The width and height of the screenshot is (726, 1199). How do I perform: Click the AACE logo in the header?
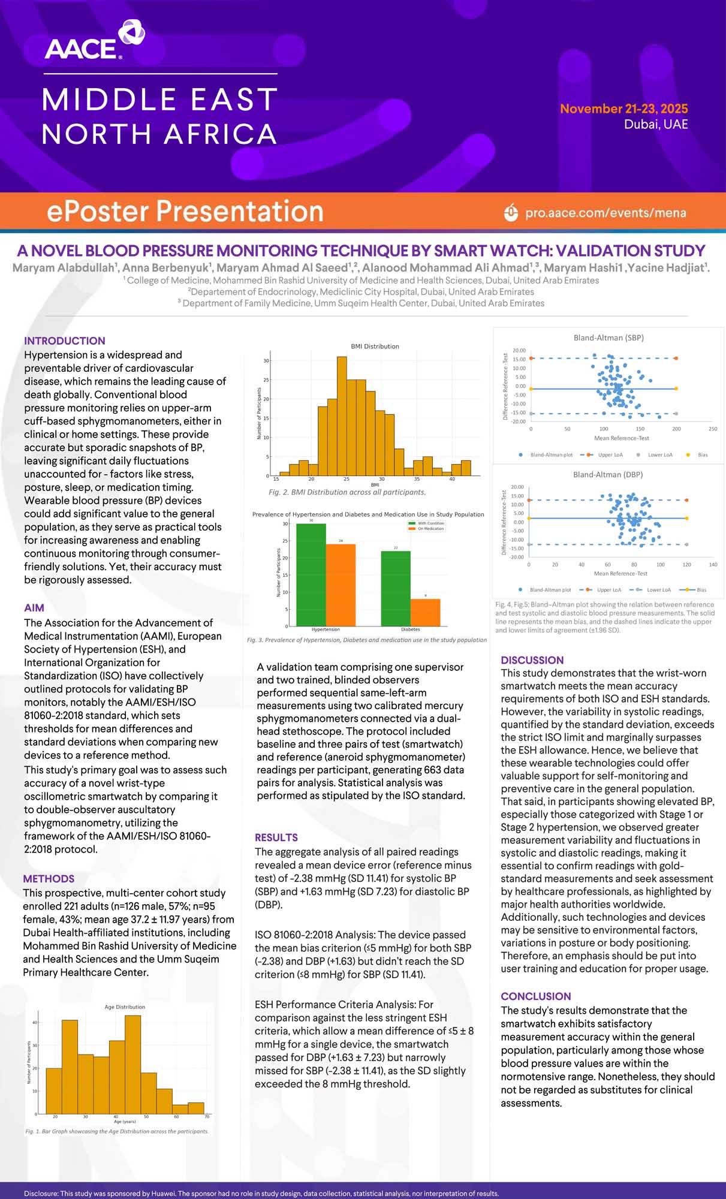click(94, 41)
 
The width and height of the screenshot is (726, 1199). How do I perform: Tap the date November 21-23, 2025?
click(623, 109)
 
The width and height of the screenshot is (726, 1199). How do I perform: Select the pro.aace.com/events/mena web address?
click(605, 213)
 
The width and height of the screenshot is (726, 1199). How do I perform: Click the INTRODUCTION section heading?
click(65, 341)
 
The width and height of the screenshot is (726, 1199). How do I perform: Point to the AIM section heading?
click(34, 608)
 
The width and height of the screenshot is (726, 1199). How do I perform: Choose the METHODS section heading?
click(49, 878)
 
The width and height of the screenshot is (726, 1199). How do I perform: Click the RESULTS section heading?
click(276, 837)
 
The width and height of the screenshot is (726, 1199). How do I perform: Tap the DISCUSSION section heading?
click(532, 660)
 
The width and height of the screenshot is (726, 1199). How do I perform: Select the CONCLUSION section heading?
click(535, 996)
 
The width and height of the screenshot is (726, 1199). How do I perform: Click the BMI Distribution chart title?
click(375, 346)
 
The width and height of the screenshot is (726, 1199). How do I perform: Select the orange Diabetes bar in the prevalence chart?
click(425, 612)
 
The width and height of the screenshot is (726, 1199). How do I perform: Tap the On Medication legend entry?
click(430, 529)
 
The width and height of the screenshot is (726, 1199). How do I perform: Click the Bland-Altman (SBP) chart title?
click(608, 338)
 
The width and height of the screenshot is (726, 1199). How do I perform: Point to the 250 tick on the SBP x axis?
click(713, 429)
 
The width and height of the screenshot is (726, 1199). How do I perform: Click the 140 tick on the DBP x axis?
click(713, 565)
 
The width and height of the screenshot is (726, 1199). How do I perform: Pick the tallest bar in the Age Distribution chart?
click(132, 1064)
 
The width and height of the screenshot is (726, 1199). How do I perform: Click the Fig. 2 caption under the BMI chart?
click(347, 492)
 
